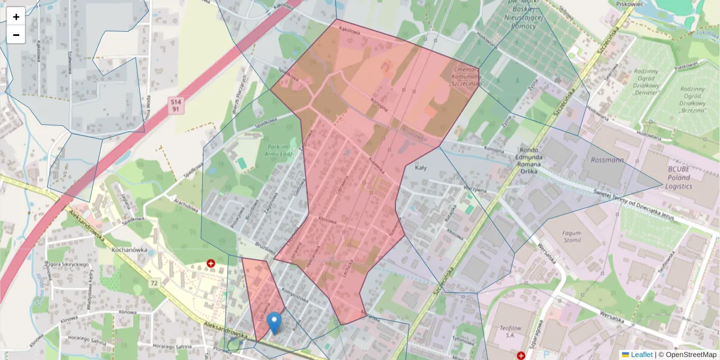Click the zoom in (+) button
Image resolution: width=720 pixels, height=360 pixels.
pos(16,16)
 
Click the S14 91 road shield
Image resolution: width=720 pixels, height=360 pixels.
pos(175,106)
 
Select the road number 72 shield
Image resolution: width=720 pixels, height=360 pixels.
pos(154,282)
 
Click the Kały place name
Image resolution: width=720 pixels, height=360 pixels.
pos(421,169)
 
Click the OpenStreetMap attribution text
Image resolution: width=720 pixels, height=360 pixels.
pos(691,355)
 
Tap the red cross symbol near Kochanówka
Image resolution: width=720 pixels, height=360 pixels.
pos(211,263)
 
